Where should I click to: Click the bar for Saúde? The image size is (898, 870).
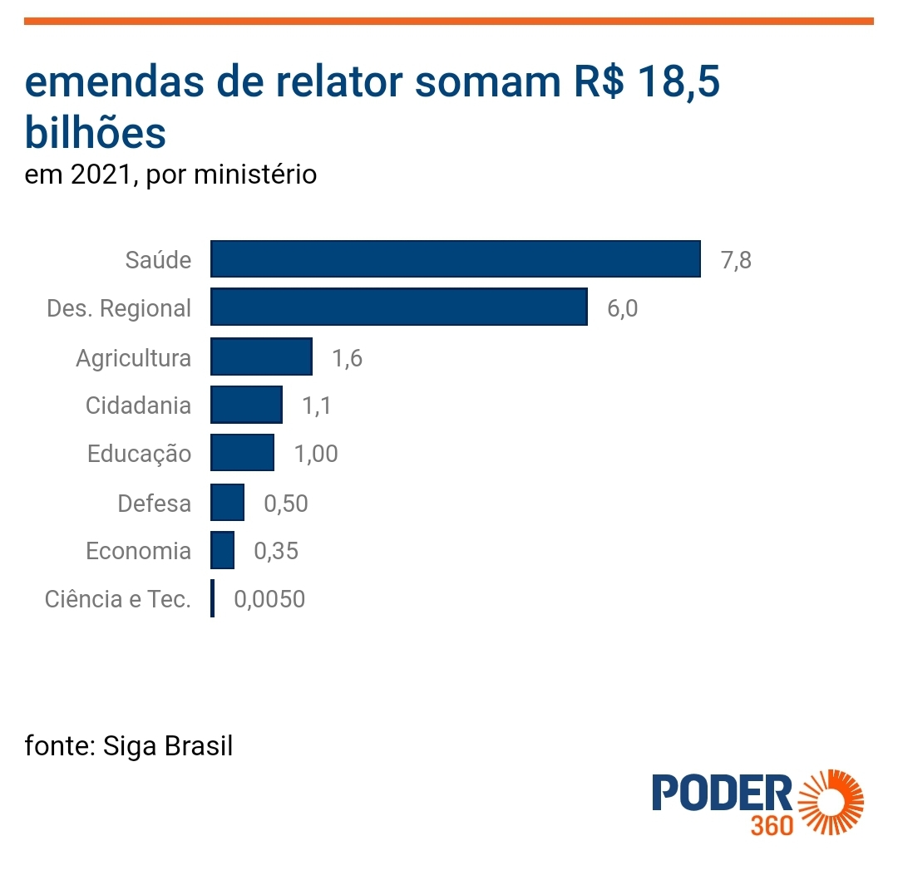coord(455,259)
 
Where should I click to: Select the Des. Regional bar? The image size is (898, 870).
coord(399,307)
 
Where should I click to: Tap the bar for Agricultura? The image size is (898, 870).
coord(261,356)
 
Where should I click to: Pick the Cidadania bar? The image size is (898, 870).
coord(246,406)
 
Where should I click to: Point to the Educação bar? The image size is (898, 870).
coord(242,454)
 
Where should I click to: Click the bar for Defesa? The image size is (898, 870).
coord(227,503)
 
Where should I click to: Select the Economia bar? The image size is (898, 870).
coord(222,551)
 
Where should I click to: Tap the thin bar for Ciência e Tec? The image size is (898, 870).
coord(213,598)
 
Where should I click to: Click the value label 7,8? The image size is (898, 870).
coord(736,260)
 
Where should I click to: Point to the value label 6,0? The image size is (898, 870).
coord(623,308)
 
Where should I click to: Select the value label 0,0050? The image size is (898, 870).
coord(269,599)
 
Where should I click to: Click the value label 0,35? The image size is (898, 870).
coord(276,551)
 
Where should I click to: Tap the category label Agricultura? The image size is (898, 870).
coord(133,358)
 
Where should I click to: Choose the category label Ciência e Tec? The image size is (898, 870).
coord(118,599)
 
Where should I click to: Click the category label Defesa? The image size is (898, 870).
coord(154,504)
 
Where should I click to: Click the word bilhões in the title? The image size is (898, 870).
coord(95,133)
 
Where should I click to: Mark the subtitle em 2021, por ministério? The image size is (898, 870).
coord(170,176)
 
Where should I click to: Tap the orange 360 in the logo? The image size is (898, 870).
coord(771,826)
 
